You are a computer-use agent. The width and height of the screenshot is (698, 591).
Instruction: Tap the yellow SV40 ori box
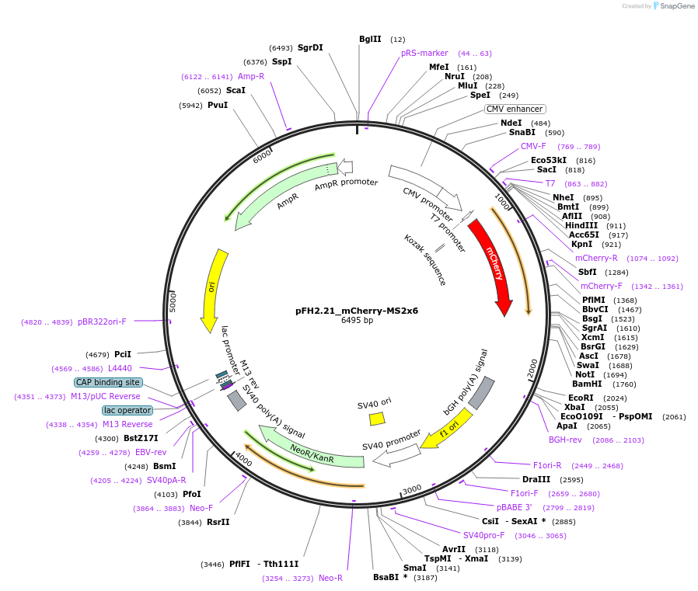coord(377,419)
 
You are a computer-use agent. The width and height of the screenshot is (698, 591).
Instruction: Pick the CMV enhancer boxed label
coord(515,109)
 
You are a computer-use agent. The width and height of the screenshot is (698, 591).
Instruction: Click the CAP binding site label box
coord(108,382)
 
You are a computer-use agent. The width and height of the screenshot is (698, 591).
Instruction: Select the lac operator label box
coord(127,410)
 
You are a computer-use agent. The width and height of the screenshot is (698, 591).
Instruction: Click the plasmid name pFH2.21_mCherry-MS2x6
coord(357,310)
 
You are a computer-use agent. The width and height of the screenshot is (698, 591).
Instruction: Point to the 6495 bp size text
coord(357,320)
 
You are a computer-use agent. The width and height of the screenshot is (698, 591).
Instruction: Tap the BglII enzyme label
coord(370,39)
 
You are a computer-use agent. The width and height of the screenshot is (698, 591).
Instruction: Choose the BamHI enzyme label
coord(587,384)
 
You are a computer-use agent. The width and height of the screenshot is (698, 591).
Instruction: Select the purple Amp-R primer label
coord(251,76)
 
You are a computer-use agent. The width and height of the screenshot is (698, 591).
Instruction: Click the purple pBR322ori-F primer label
coord(102,322)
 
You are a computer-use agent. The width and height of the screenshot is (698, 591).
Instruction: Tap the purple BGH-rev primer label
coord(565,440)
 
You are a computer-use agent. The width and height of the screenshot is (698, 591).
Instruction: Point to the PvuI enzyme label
coord(218,105)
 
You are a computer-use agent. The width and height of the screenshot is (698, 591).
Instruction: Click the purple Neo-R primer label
coord(330,578)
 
